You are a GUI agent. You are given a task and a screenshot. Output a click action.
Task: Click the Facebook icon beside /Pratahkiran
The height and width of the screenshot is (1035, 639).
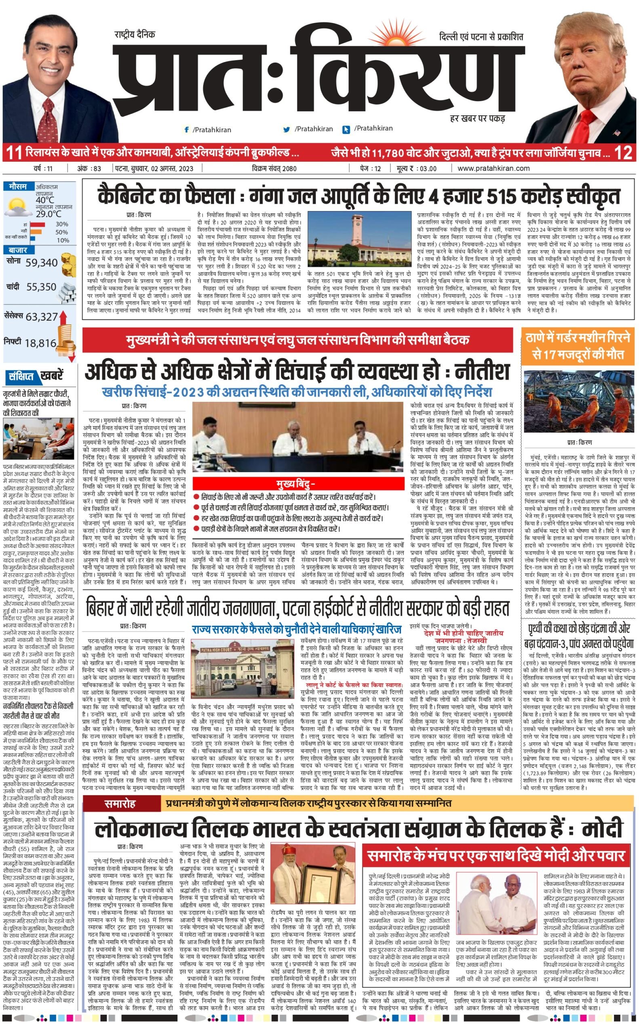pyautogui.click(x=186, y=130)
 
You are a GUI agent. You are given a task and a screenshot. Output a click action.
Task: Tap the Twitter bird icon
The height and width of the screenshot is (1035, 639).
pyautogui.click(x=287, y=129)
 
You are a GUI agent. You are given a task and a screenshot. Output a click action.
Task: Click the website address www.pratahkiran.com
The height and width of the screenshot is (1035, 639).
pyautogui.click(x=493, y=168)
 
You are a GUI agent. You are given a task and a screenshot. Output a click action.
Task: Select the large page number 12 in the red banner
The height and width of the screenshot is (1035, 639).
pyautogui.click(x=623, y=152)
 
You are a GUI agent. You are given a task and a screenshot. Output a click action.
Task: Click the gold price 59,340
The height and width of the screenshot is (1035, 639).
pyautogui.click(x=41, y=263)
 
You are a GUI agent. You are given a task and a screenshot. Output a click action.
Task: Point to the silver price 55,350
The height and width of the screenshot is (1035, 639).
pyautogui.click(x=41, y=287)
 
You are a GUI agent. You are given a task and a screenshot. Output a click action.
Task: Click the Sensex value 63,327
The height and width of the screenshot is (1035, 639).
pyautogui.click(x=41, y=317)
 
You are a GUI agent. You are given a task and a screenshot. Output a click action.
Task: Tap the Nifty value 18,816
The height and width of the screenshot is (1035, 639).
pyautogui.click(x=40, y=343)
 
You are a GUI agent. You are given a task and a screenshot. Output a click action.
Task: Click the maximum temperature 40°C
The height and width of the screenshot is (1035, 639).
pyautogui.click(x=45, y=199)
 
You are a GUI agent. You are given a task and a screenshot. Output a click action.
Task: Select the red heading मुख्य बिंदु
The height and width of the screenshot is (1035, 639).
pyautogui.click(x=295, y=484)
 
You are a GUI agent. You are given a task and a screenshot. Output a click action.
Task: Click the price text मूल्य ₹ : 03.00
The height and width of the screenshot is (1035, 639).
pyautogui.click(x=417, y=168)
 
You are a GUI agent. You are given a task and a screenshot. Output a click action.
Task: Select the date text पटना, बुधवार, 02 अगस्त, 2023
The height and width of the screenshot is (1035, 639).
pyautogui.click(x=154, y=168)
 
